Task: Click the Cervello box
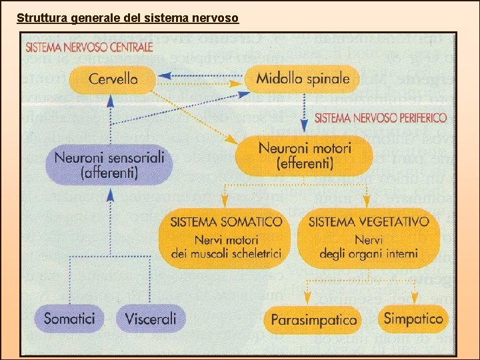113,79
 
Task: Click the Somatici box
69,318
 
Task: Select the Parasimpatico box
313,320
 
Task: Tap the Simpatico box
413,318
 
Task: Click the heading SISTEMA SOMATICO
226,221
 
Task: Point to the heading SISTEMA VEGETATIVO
369,221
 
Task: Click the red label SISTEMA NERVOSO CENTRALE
89,47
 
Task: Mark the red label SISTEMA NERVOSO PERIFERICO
381,118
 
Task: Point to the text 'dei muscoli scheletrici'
227,253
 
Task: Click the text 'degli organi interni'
369,253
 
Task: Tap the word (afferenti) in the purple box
109,173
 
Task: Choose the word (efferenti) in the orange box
304,163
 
